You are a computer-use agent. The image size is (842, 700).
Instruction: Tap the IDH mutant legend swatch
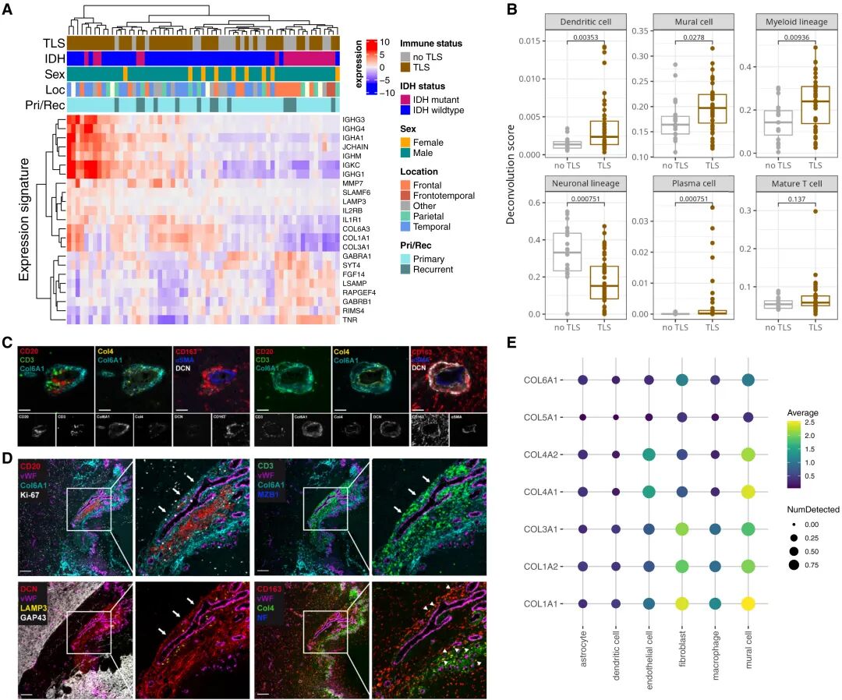click(x=405, y=99)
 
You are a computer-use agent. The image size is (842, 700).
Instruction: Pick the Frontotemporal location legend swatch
click(x=405, y=196)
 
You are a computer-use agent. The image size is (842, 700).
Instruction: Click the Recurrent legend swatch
click(x=405, y=270)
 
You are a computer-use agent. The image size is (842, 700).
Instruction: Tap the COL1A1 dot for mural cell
click(x=752, y=603)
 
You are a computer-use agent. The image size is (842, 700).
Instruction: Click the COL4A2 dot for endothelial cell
click(x=649, y=454)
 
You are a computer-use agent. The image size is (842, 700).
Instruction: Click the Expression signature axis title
click(x=25, y=218)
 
